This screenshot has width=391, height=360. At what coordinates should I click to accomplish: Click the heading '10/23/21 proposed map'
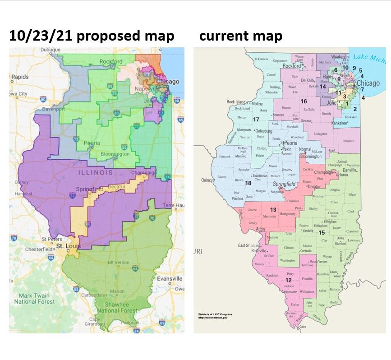click(92, 36)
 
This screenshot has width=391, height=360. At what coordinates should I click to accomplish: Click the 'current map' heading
click(241, 36)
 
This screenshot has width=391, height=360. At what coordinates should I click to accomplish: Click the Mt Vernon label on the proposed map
click(119, 263)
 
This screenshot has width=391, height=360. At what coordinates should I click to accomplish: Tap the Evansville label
click(170, 279)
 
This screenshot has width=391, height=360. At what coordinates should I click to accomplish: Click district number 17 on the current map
click(256, 120)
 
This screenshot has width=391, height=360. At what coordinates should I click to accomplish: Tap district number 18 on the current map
click(248, 183)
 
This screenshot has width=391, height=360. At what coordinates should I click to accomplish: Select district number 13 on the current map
click(273, 210)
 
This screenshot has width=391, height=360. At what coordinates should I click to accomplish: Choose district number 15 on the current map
click(322, 232)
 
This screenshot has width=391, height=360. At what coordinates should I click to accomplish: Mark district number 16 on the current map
click(304, 101)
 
